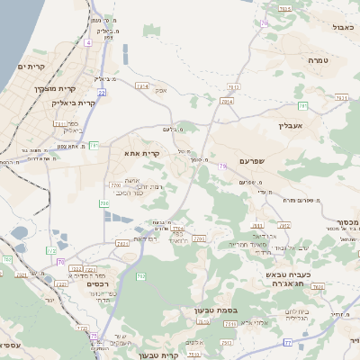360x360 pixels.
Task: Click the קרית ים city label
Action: [31, 67]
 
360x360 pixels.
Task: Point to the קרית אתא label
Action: [142, 154]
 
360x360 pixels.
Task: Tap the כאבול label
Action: [343, 28]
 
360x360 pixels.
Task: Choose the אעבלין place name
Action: [293, 127]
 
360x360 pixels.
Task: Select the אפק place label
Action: [161, 90]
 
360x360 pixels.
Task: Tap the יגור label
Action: [51, 299]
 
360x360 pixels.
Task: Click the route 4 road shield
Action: [88, 41]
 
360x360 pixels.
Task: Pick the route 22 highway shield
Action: [102, 92]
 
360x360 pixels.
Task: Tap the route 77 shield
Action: [288, 342]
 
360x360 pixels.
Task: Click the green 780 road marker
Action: [103, 204]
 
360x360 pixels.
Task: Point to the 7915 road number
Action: [285, 8]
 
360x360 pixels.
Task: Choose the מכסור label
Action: [347, 220]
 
